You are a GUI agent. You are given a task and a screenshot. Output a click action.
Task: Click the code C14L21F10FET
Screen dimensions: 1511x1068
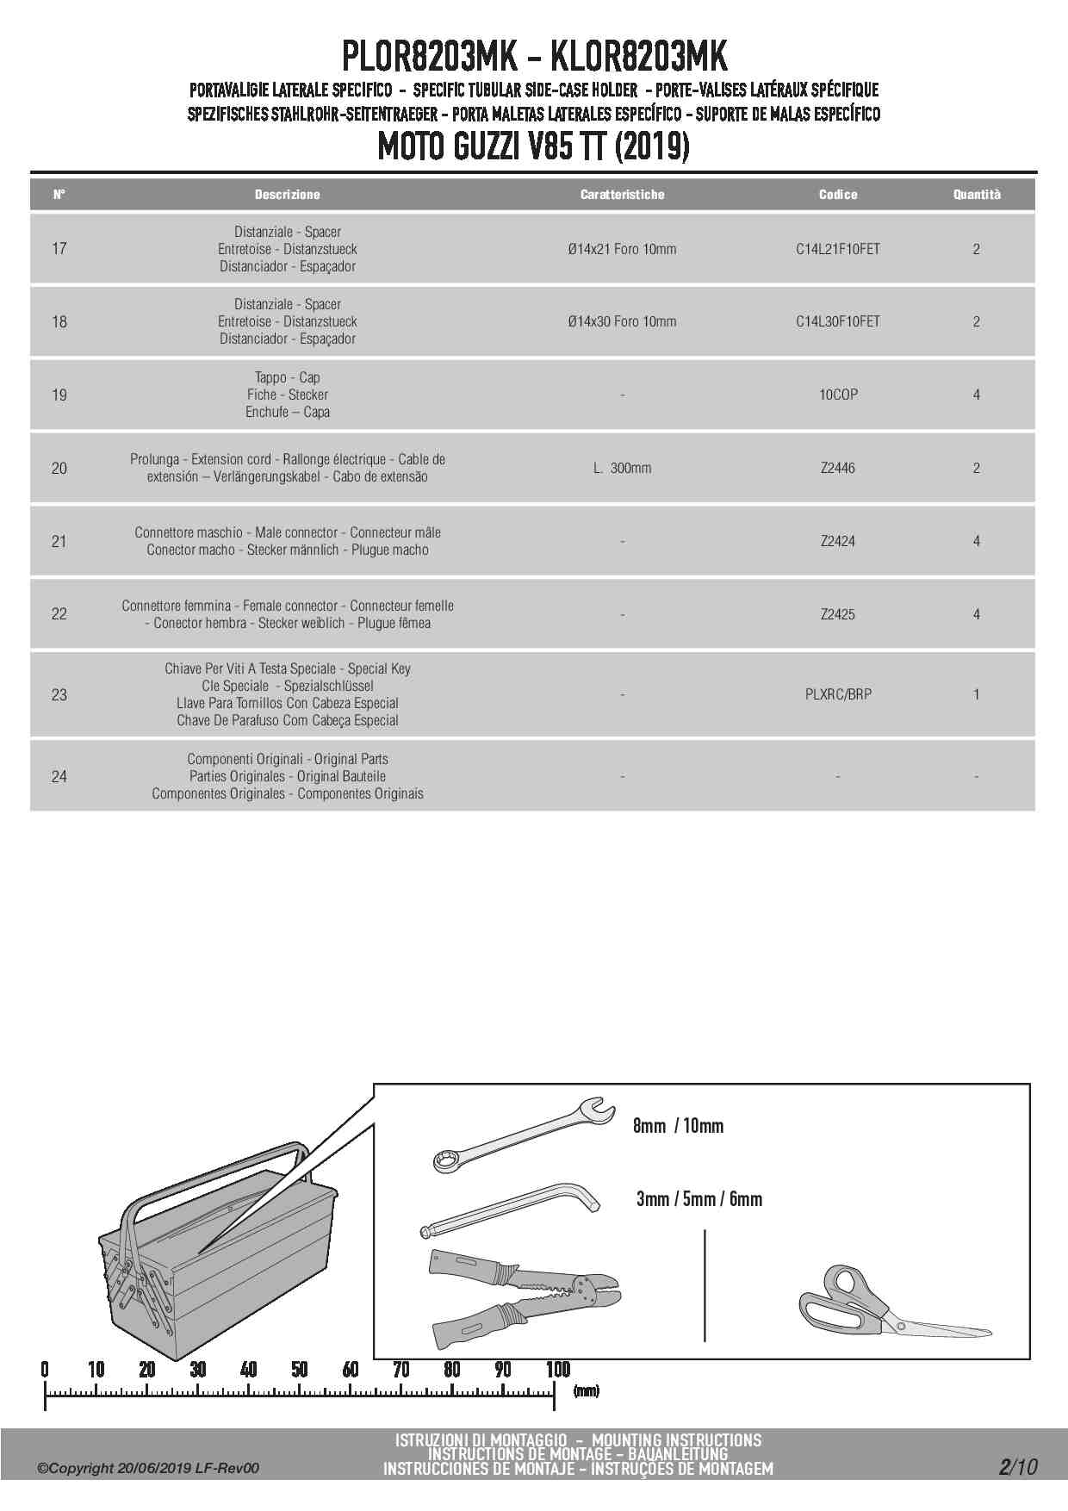[x=837, y=249]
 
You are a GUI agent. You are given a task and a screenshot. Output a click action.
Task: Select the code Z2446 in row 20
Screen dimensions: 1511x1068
[x=837, y=468]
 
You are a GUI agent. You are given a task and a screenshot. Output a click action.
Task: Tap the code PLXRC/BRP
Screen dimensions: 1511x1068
[x=837, y=694]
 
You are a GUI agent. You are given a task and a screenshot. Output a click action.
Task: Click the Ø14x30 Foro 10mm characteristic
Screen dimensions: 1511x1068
[x=622, y=321]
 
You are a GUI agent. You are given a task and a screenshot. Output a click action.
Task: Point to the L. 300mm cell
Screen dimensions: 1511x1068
[x=622, y=468]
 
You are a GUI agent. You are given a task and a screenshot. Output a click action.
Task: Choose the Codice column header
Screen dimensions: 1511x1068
[x=837, y=195]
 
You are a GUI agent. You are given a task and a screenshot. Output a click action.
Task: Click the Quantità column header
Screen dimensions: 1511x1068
[x=976, y=195]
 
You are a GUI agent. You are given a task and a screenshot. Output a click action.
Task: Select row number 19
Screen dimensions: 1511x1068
[x=59, y=395]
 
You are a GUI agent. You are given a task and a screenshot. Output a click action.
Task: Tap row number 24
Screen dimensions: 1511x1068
[x=59, y=776]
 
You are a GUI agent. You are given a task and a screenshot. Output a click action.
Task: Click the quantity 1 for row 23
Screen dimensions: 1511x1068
[x=976, y=694]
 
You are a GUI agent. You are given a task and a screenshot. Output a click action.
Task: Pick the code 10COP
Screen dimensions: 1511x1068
[x=837, y=395]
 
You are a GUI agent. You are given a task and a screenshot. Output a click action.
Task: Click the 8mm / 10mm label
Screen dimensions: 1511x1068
[x=678, y=1126]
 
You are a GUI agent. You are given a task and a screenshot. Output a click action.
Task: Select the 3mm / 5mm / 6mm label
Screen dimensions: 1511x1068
[x=699, y=1198]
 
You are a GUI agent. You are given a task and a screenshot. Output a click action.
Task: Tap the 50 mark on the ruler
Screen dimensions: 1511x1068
[x=299, y=1370]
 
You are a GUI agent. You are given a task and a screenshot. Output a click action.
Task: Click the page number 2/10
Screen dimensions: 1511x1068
[x=1018, y=1466]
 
